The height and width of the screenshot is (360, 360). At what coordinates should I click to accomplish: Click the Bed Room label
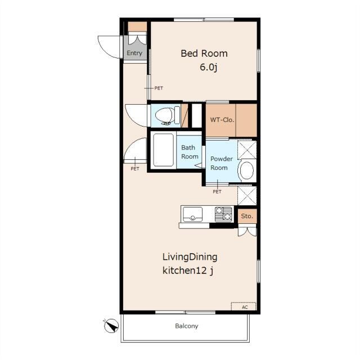(x=204, y=53)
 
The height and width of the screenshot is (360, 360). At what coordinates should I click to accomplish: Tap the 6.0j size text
(x=209, y=67)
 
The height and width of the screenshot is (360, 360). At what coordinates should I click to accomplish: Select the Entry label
(x=134, y=53)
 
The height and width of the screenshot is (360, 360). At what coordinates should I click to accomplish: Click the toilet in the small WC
(x=168, y=115)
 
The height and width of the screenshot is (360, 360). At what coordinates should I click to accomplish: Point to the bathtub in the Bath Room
(x=163, y=150)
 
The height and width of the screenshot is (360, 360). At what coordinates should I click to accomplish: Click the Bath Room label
(x=190, y=152)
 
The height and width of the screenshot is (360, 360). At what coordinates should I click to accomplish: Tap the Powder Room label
(x=221, y=163)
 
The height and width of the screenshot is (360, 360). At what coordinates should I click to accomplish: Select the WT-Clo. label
(x=222, y=120)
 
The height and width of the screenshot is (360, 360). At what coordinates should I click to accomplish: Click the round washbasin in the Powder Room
(x=247, y=170)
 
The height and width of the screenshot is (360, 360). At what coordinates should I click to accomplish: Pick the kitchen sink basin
(x=192, y=214)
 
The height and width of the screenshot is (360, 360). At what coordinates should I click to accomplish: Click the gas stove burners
(x=223, y=214)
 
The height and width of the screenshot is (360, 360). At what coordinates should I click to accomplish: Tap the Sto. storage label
(x=247, y=216)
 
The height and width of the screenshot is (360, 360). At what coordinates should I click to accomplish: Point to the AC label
(x=245, y=307)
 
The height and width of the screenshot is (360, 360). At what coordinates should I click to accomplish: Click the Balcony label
(x=186, y=326)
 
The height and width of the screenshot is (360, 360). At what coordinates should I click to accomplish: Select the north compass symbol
(x=111, y=326)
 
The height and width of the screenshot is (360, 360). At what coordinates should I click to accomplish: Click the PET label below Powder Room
(x=217, y=191)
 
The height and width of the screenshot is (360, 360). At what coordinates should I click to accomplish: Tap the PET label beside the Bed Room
(x=159, y=88)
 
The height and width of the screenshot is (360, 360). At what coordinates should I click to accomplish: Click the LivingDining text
(x=190, y=257)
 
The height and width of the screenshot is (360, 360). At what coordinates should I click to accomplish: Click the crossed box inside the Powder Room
(x=247, y=150)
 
